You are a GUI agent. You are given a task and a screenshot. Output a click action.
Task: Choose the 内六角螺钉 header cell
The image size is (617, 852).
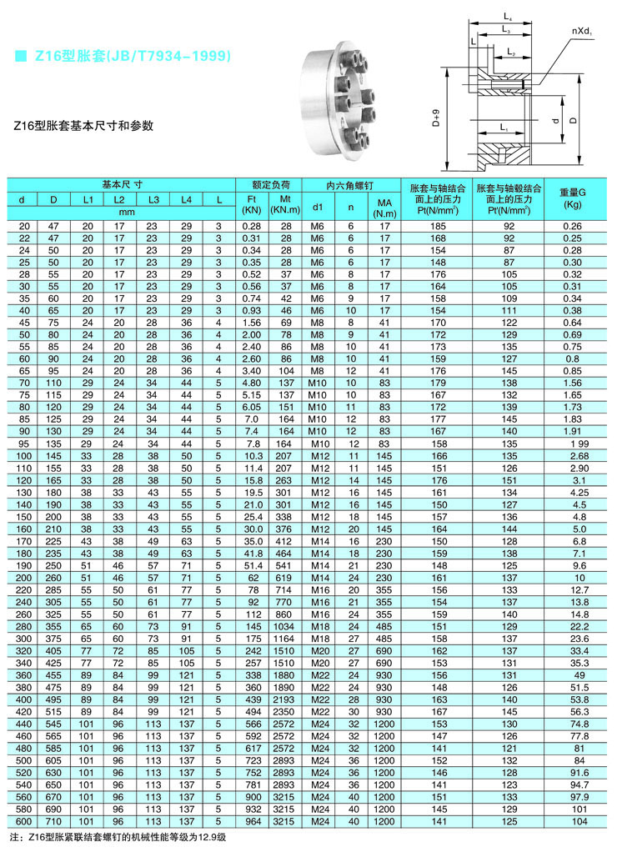[x=350, y=183]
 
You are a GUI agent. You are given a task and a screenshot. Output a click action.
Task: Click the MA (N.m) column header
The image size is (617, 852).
[x=384, y=207]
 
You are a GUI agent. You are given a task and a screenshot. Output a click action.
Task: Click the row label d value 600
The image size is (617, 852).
[x=23, y=821]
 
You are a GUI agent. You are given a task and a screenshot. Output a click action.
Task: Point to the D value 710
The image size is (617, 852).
[x=53, y=821]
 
